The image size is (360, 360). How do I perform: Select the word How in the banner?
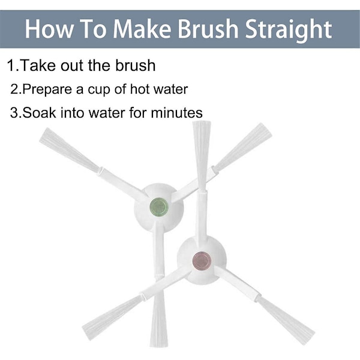[x=49, y=29]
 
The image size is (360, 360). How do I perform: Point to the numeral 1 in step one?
[x=11, y=65]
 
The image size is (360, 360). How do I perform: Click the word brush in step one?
[x=135, y=65]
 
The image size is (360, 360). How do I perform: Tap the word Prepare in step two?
[x=47, y=89]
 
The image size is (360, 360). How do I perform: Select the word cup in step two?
[x=99, y=91]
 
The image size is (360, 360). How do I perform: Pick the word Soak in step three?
[x=39, y=113]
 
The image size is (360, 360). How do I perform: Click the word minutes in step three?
[x=176, y=113]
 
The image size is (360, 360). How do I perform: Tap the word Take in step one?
[x=38, y=65]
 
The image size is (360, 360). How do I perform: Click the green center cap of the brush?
[x=159, y=206]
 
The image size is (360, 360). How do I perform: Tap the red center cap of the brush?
[x=202, y=260]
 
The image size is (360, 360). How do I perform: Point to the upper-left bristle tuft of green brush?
[x=70, y=150]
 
